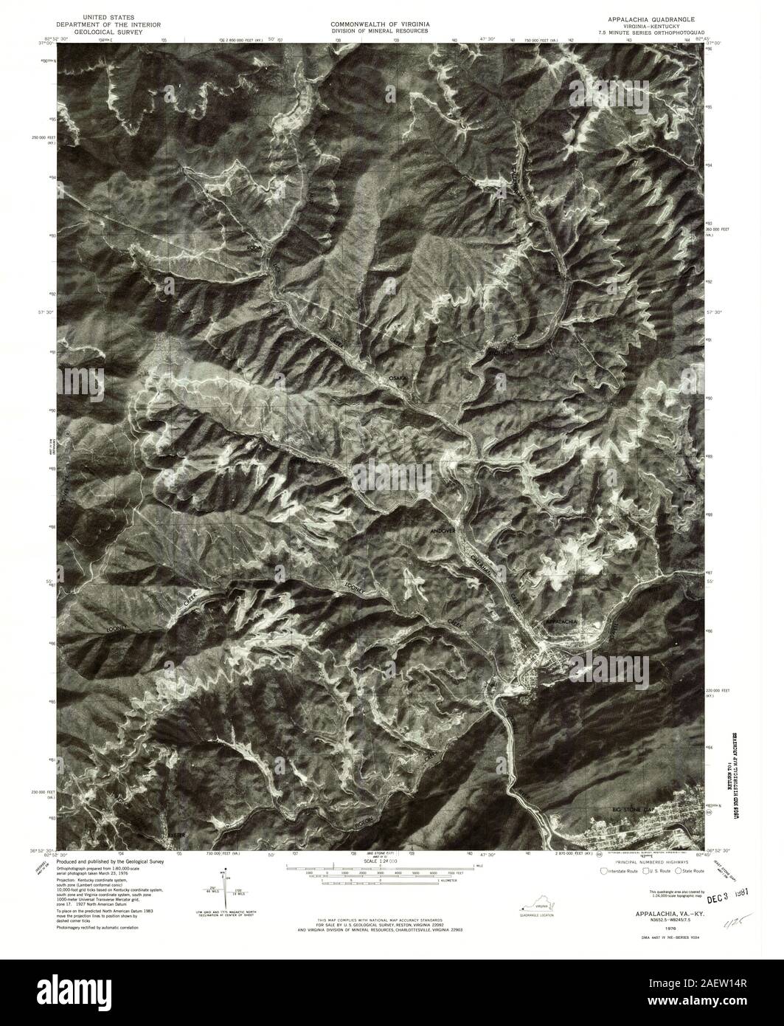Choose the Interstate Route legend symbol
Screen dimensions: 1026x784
(606, 871)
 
